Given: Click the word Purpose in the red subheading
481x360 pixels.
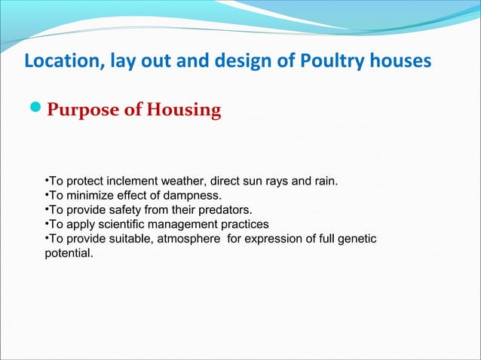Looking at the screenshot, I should coord(84,111).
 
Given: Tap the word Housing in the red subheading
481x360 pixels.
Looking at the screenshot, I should coord(183,111).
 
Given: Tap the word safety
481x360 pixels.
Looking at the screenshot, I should coord(129,210).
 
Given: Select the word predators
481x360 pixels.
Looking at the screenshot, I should coord(225,210).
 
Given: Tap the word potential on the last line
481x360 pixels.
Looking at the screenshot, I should coord(69,253).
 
